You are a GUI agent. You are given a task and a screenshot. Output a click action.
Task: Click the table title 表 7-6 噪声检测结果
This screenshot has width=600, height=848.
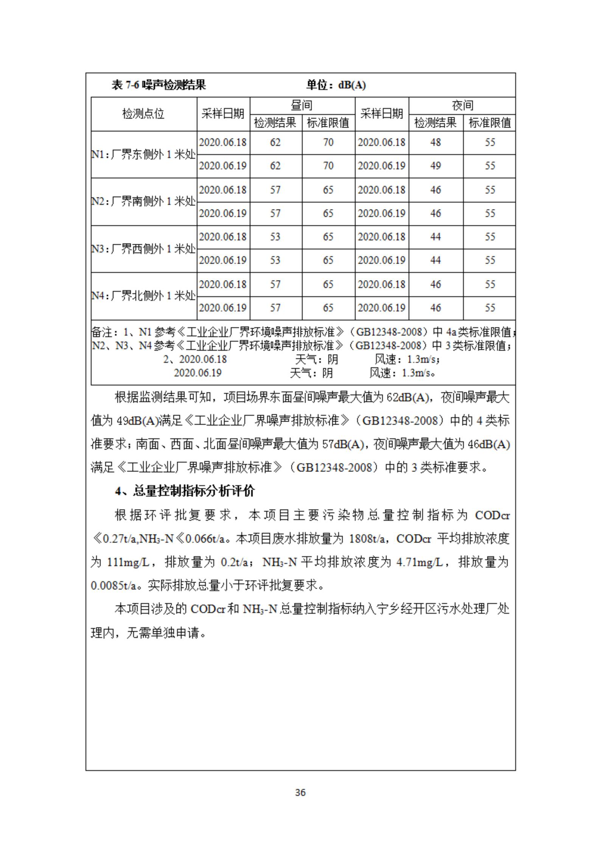[x=159, y=85]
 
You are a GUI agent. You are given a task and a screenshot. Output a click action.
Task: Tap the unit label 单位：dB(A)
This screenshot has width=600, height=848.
[x=336, y=85]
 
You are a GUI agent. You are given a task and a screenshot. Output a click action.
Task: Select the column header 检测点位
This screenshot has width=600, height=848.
[x=143, y=114]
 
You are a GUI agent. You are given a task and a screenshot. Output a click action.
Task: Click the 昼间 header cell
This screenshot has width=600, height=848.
[x=302, y=105]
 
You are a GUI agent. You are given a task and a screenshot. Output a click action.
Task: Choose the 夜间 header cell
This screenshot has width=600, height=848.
[x=462, y=105]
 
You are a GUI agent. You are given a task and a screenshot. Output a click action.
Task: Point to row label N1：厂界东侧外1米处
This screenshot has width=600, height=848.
[x=143, y=155]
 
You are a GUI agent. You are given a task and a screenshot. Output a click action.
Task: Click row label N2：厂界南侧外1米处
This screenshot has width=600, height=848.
[x=143, y=201]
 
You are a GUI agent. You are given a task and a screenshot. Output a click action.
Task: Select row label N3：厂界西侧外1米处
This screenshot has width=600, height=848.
[x=143, y=249]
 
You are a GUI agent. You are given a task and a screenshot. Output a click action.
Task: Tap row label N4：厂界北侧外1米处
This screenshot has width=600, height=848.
[x=143, y=296]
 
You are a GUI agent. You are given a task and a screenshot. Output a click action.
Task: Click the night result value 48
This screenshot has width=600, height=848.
[x=435, y=142]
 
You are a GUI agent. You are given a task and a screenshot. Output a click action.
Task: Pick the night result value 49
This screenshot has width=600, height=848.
[x=435, y=166]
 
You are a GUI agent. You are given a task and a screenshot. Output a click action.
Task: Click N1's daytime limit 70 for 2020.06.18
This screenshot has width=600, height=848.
[x=328, y=142]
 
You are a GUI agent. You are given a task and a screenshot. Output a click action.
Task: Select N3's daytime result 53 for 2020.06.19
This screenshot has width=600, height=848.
[x=275, y=260]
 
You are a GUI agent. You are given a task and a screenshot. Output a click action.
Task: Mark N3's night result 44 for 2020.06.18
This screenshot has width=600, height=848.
[x=435, y=237]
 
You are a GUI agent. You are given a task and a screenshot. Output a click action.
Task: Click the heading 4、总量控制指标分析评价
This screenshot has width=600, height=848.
[x=185, y=491]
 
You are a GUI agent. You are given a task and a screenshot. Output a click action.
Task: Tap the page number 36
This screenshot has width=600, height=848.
[x=300, y=792]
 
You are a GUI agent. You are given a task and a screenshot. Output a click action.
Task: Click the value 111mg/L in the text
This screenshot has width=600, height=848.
[x=129, y=562]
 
